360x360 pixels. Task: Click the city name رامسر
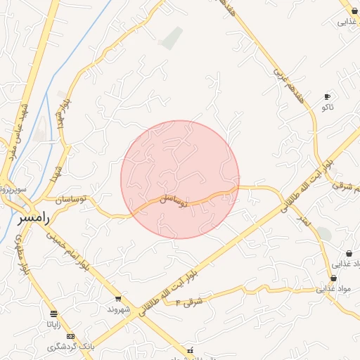pos(33,219)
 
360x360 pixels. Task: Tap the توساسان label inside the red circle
pos(173,200)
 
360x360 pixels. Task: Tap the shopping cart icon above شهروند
pos(117,298)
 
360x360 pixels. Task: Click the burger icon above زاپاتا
pos(54,314)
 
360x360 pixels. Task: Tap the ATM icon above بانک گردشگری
pos(70,336)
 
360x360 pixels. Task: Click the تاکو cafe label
pos(327,107)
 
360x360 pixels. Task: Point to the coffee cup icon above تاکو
pos(327,96)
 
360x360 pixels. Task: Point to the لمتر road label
pos(303,220)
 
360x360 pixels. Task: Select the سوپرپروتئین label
pos(13,190)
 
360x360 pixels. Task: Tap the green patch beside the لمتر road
pos(323,233)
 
